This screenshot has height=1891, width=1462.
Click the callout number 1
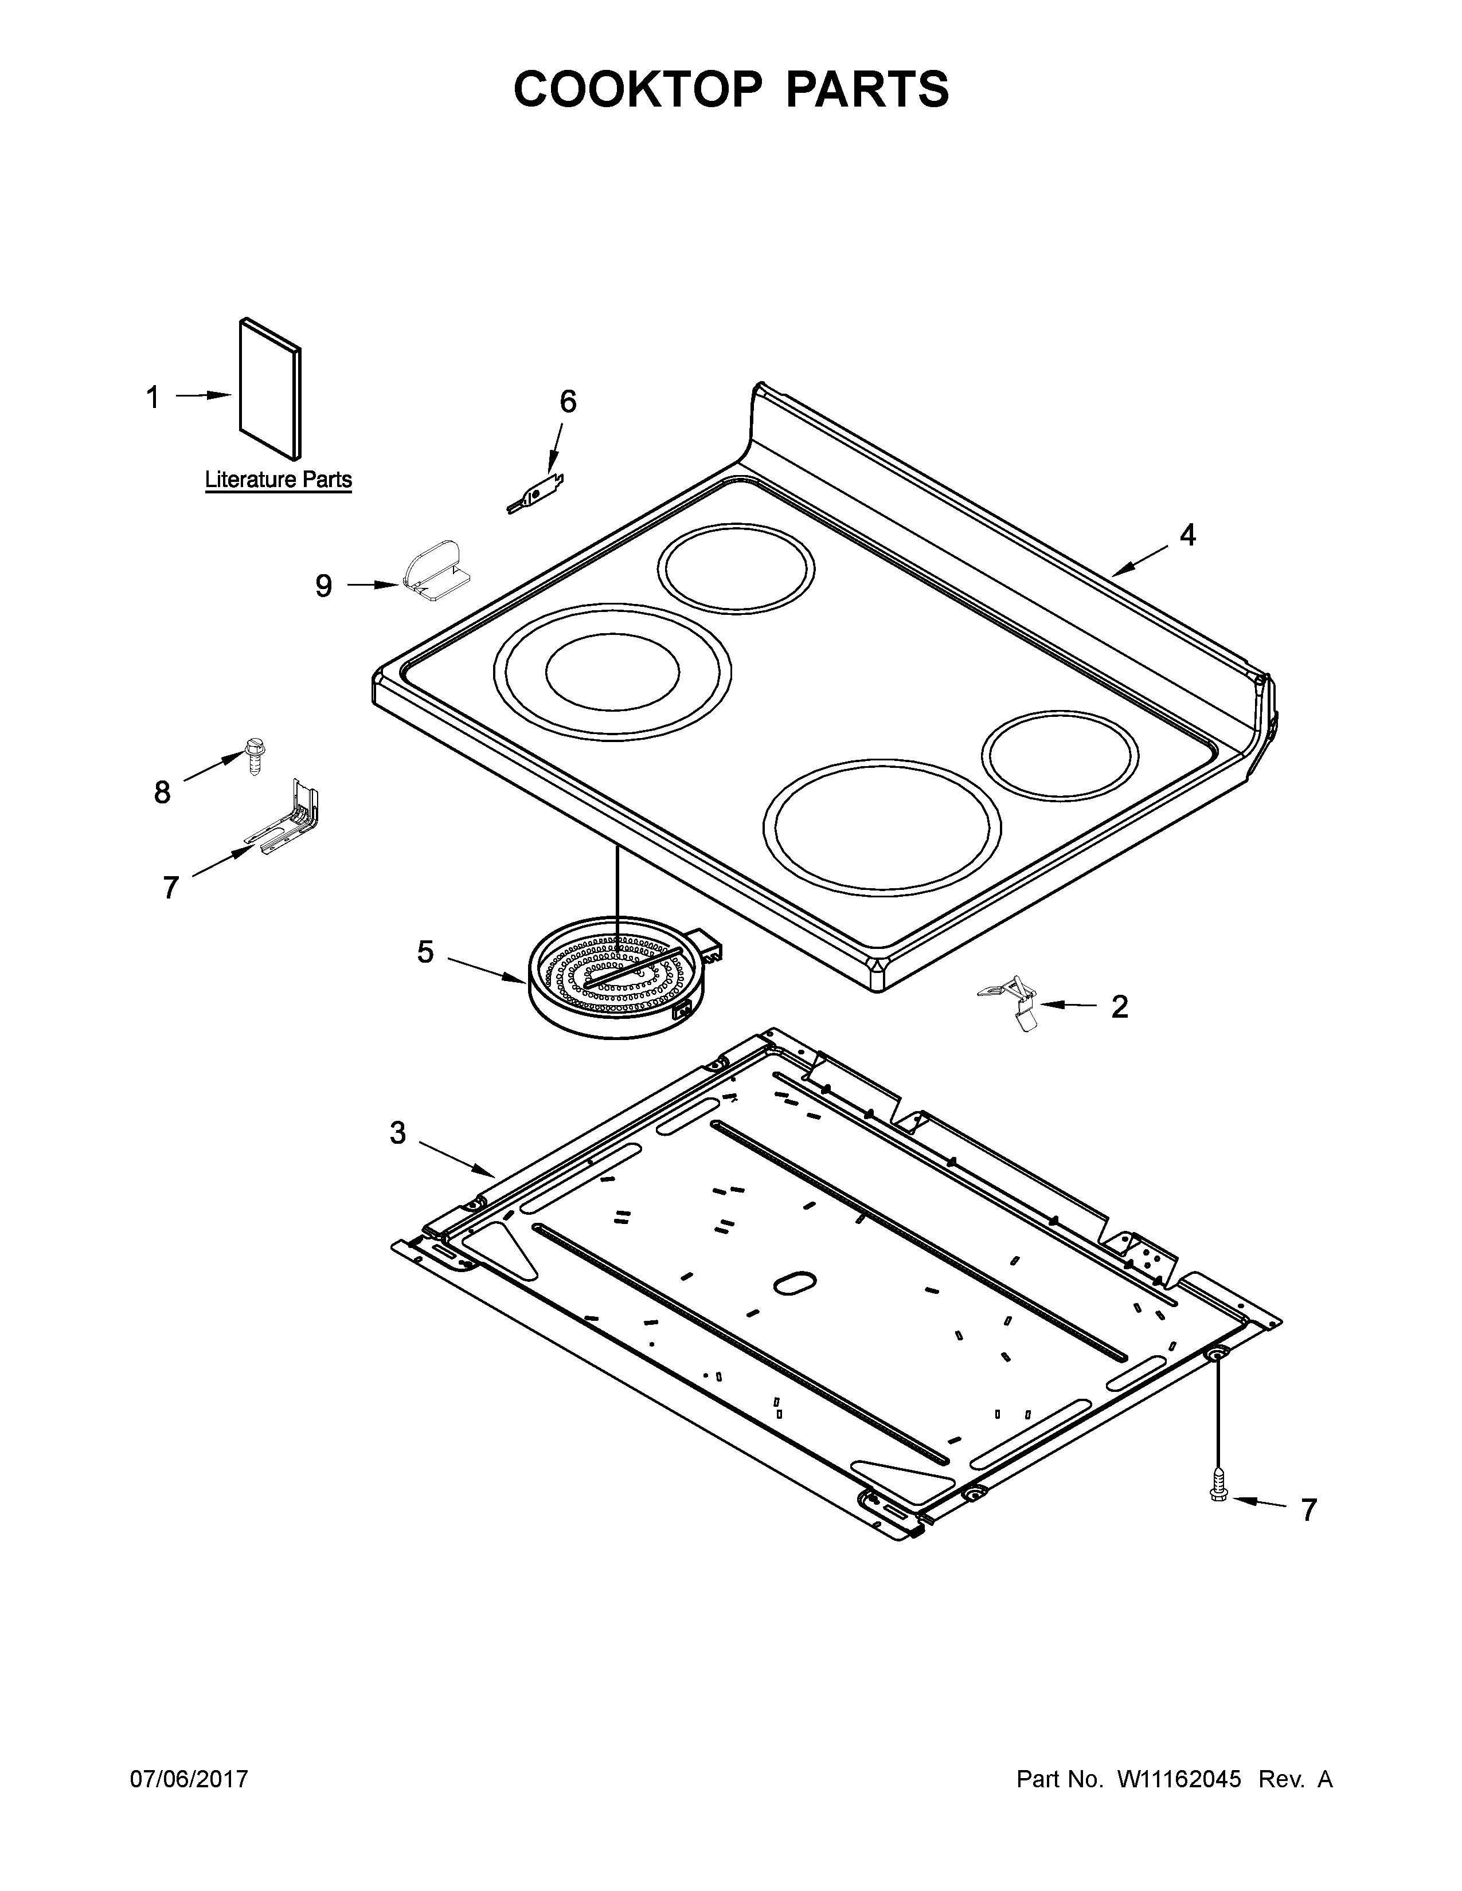153,398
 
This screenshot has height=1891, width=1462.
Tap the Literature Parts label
278,479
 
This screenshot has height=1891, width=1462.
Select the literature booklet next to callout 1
270,388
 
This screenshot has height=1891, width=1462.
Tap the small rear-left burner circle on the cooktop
736,569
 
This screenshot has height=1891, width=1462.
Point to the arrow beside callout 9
373,585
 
